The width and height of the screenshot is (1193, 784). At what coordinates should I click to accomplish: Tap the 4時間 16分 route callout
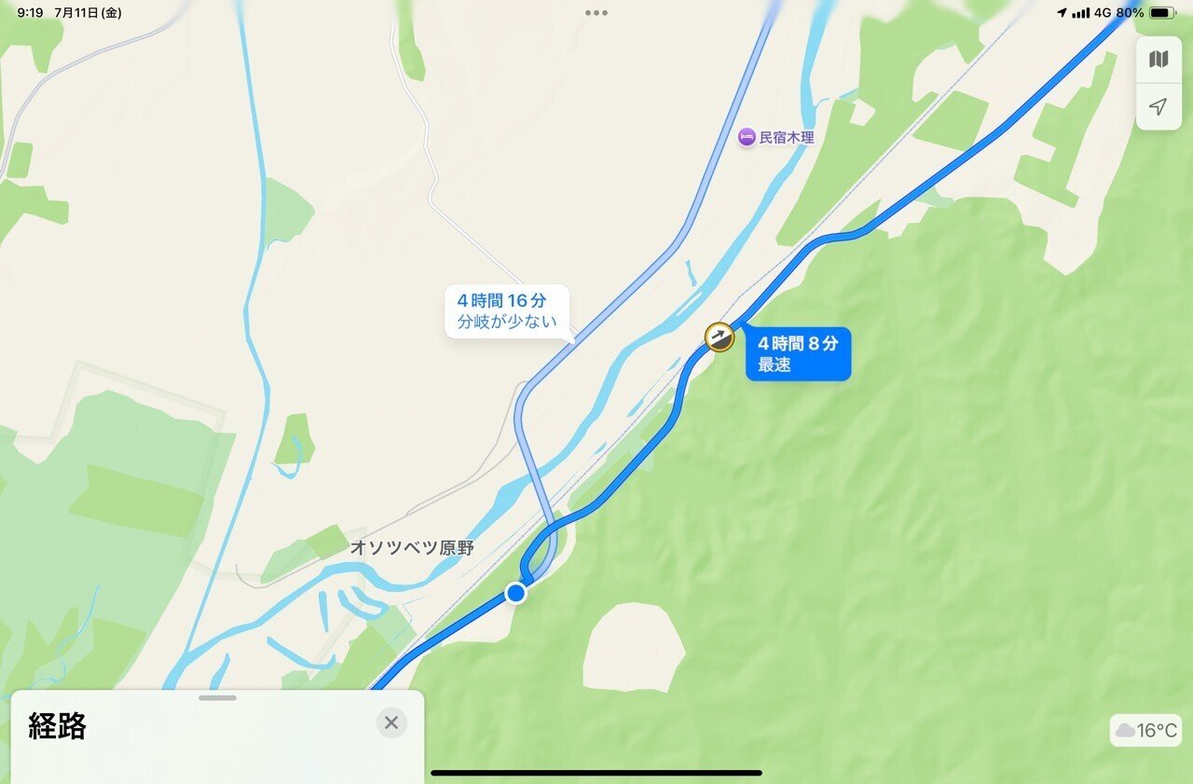[506, 311]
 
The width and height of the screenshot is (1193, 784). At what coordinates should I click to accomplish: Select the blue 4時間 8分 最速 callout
[798, 353]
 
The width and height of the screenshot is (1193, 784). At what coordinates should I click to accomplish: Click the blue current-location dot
[515, 593]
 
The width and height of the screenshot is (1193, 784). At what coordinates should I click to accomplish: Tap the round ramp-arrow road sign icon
[718, 337]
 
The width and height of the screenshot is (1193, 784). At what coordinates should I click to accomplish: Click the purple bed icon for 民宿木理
[747, 137]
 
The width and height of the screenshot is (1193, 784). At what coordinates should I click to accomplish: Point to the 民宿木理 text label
[787, 138]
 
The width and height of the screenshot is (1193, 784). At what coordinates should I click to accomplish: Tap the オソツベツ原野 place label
[411, 548]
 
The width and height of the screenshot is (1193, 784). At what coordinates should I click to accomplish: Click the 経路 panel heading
[58, 727]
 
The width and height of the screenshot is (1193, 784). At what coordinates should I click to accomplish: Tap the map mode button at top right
[1159, 60]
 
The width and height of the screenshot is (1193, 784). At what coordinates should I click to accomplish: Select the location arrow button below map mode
[1159, 107]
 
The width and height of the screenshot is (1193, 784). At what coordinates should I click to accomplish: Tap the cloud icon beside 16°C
[1125, 731]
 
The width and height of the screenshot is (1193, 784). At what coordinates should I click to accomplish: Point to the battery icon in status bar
[1161, 13]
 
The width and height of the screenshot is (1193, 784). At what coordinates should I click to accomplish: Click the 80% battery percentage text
[1130, 13]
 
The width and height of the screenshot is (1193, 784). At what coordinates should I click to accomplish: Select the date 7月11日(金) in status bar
[88, 13]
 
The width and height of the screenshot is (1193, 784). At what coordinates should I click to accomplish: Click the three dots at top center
[596, 13]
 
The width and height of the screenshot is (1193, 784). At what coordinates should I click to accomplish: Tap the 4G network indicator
[1103, 13]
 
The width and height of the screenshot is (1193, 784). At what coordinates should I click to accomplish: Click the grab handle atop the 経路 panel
[217, 697]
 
